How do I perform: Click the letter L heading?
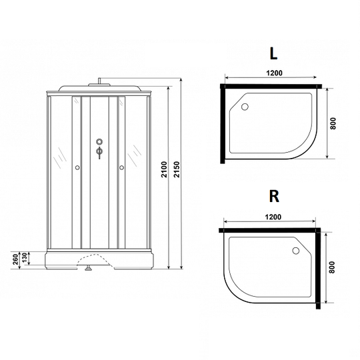(x=273, y=54)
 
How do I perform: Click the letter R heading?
(x=274, y=196)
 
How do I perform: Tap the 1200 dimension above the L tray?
(x=274, y=73)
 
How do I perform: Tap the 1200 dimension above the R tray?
(x=273, y=217)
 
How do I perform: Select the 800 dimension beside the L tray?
(x=333, y=123)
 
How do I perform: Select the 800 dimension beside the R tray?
(x=332, y=267)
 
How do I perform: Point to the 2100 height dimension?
(x=164, y=169)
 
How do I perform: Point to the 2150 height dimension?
(x=177, y=169)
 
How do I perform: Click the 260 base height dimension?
(x=15, y=259)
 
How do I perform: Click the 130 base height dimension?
(x=25, y=258)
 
